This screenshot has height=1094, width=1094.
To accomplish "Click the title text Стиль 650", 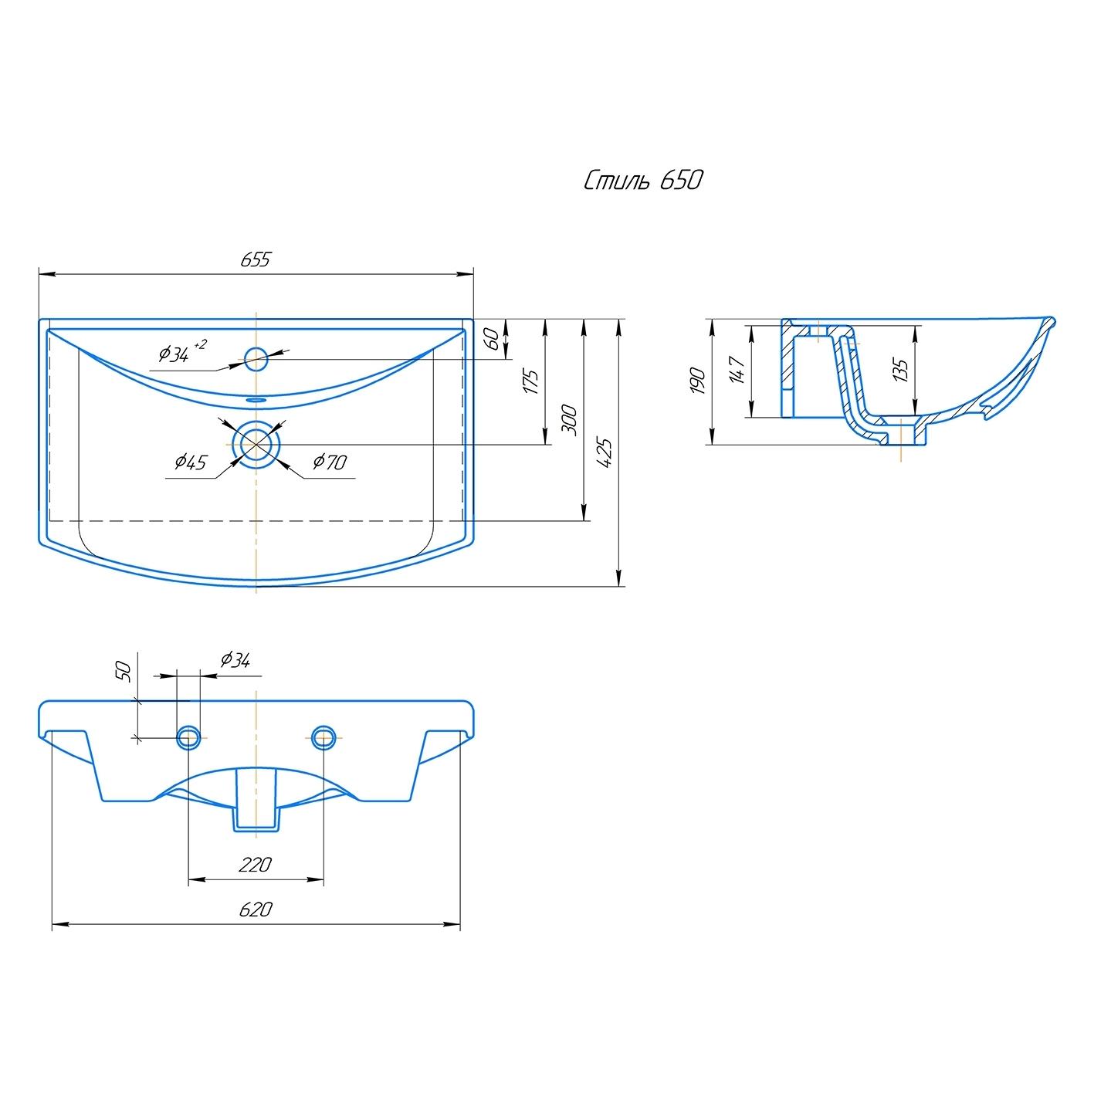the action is [643, 181].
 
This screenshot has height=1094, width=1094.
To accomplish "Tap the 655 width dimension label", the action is [256, 259].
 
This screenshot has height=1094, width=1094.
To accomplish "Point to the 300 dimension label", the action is [570, 421].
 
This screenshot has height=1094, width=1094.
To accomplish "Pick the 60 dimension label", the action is [494, 339].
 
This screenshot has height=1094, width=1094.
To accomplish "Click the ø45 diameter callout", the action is [190, 462].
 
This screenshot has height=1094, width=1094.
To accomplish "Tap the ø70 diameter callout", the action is [330, 462].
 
